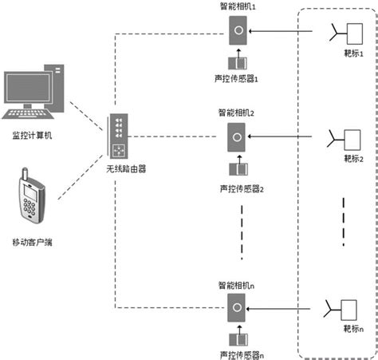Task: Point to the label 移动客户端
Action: (34, 239)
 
